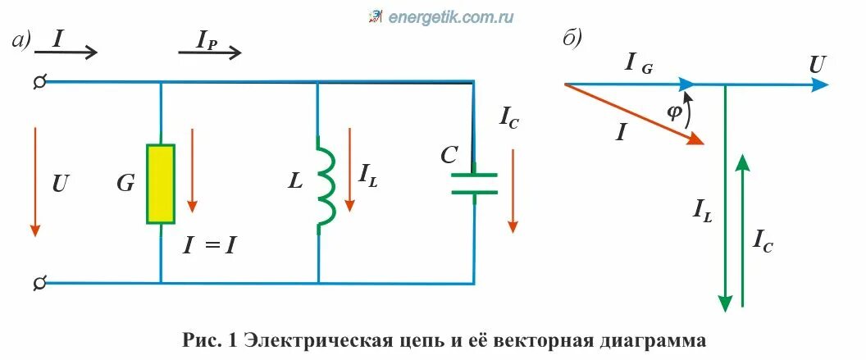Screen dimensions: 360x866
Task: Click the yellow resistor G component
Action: (x=160, y=184)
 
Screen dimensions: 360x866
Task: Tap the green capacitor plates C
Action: (x=475, y=183)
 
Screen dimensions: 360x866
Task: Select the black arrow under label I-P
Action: (x=210, y=53)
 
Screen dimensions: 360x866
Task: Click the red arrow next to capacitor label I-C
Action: (x=513, y=189)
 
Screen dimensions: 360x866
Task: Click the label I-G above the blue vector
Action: (x=639, y=63)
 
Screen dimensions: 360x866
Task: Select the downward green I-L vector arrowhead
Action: (x=725, y=302)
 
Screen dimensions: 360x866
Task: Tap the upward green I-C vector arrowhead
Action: (x=743, y=162)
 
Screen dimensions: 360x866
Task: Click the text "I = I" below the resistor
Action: (x=208, y=244)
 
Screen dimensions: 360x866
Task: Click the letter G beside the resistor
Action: (x=125, y=184)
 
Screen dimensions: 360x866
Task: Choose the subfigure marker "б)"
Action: (x=572, y=39)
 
